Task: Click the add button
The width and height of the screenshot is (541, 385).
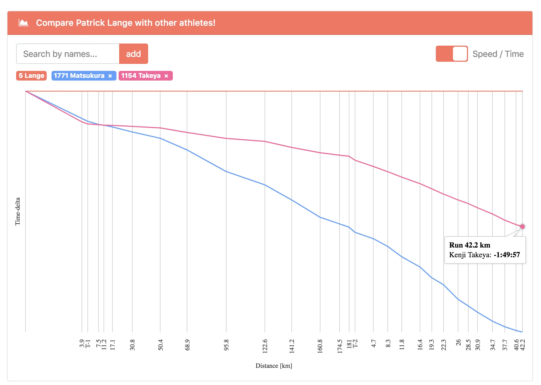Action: (x=133, y=54)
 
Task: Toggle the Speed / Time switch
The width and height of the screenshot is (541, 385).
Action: (x=452, y=54)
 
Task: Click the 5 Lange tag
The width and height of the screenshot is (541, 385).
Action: (x=31, y=76)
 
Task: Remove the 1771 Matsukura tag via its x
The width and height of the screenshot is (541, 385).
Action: (x=110, y=76)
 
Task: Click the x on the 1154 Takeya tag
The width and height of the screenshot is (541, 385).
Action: (x=166, y=76)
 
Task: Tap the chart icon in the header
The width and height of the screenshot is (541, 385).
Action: (x=23, y=23)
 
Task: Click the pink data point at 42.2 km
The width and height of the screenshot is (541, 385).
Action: (x=522, y=227)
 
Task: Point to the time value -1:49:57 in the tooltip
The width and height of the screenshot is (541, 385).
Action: (x=507, y=255)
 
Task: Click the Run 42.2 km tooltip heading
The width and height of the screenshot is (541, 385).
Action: (x=470, y=245)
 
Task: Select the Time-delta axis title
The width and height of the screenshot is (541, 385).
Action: (x=18, y=212)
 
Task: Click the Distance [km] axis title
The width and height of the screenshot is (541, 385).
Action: (x=274, y=366)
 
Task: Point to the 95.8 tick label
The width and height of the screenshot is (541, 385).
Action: (x=226, y=345)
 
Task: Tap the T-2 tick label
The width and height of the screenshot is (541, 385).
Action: (x=355, y=343)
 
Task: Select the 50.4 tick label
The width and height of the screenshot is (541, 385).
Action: (x=160, y=345)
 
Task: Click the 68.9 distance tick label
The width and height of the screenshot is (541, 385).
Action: (x=187, y=345)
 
